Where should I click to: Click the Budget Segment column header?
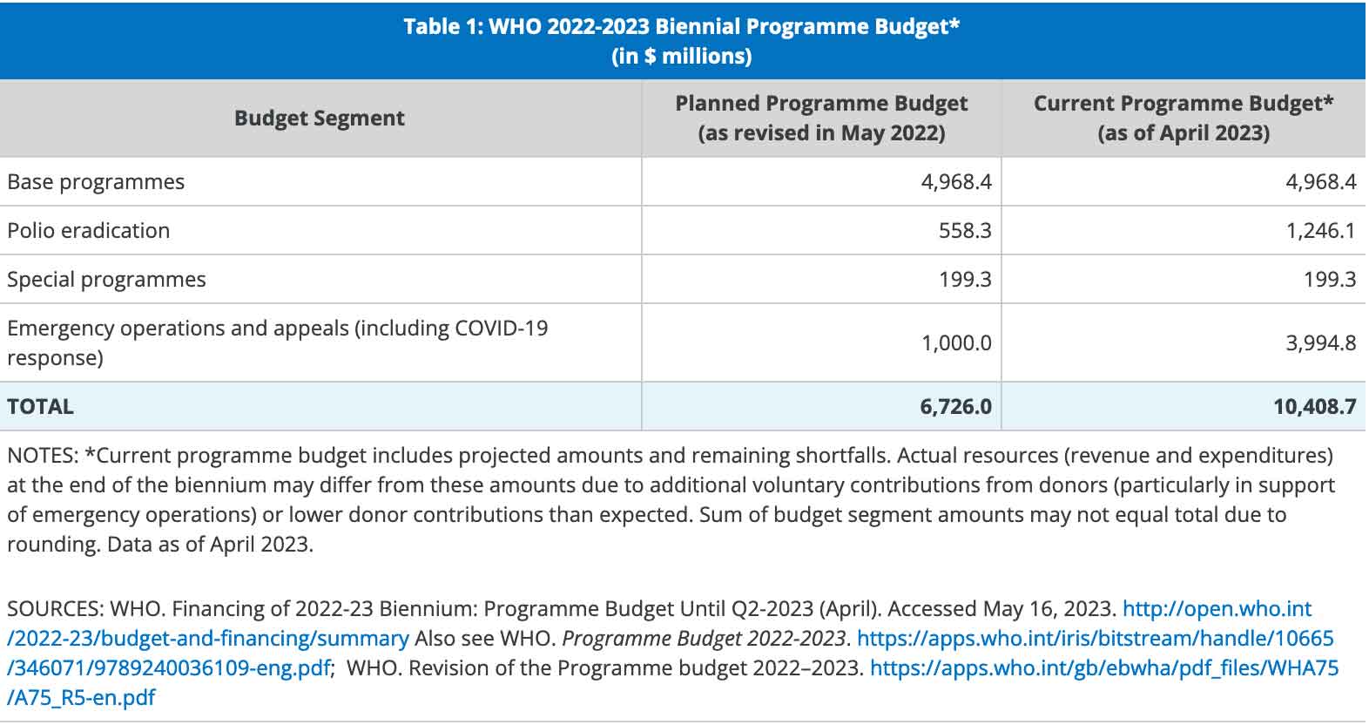(319, 118)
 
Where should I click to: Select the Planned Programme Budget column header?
(821, 118)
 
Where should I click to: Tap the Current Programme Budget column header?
(1184, 118)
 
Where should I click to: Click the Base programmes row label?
(96, 182)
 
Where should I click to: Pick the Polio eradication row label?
(89, 230)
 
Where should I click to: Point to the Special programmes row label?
(106, 280)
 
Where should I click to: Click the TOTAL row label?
(40, 407)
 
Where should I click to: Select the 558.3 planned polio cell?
(965, 230)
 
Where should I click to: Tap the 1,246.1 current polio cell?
(1321, 230)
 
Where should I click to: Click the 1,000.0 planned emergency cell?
(956, 343)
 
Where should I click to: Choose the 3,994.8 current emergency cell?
(1321, 343)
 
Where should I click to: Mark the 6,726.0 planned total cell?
(956, 407)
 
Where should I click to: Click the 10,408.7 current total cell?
(1315, 407)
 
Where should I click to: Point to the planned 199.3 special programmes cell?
(965, 280)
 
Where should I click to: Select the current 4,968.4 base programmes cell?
(1321, 182)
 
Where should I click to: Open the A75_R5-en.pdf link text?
(81, 697)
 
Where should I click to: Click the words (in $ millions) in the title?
(682, 57)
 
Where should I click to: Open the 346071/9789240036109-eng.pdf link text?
(169, 668)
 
